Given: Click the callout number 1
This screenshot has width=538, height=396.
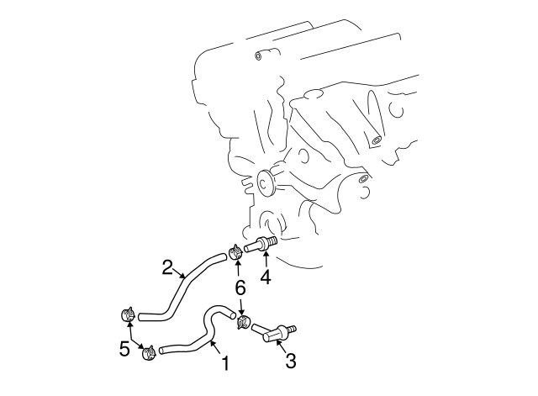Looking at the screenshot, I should pyautogui.click(x=224, y=365).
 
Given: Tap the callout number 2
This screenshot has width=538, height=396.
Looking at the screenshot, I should pyautogui.click(x=168, y=268).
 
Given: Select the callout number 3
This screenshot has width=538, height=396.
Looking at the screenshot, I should pyautogui.click(x=292, y=362).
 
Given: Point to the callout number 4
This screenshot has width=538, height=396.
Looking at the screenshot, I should pyautogui.click(x=266, y=275).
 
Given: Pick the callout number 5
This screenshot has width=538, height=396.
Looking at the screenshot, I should pyautogui.click(x=124, y=346).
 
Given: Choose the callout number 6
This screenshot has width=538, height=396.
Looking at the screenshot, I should pyautogui.click(x=240, y=288).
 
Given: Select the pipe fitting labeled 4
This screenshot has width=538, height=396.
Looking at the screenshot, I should pyautogui.click(x=261, y=246).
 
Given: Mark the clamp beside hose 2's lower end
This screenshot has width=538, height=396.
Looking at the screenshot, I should pyautogui.click(x=129, y=316).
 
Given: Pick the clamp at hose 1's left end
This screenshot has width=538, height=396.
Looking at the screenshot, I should pyautogui.click(x=149, y=352).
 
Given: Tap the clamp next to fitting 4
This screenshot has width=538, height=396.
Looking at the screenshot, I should pyautogui.click(x=235, y=251).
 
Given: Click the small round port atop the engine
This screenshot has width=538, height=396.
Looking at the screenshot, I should pyautogui.click(x=260, y=56).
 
